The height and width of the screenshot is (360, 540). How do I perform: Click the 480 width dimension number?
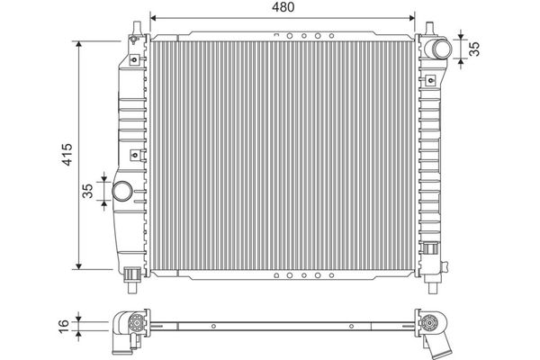click(x=283, y=7)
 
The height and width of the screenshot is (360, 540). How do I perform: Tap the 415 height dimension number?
click(x=67, y=154)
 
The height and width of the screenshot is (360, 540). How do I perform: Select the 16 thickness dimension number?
click(x=64, y=326)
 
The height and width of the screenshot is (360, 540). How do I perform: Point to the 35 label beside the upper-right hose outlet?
click(x=474, y=49)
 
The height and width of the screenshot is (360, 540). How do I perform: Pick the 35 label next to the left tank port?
click(x=88, y=191)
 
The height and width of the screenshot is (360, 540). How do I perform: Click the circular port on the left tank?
click(x=122, y=191)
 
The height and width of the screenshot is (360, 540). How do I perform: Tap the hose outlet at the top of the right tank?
click(x=438, y=49)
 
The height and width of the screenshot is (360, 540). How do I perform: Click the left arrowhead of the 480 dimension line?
click(x=154, y=18)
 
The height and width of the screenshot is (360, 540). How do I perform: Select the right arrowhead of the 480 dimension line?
click(x=411, y=18)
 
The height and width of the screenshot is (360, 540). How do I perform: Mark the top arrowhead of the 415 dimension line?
click(x=79, y=45)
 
